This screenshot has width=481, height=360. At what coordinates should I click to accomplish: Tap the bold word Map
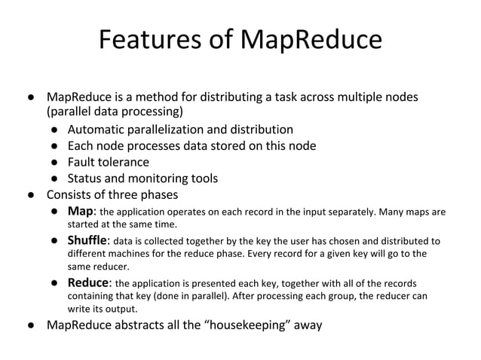click(81, 211)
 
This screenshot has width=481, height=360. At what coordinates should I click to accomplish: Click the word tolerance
click(124, 162)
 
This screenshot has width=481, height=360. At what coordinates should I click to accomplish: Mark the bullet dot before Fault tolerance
click(56, 163)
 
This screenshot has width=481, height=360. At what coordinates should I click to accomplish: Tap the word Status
click(86, 178)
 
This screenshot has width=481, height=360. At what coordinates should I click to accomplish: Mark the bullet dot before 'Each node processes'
click(56, 146)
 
